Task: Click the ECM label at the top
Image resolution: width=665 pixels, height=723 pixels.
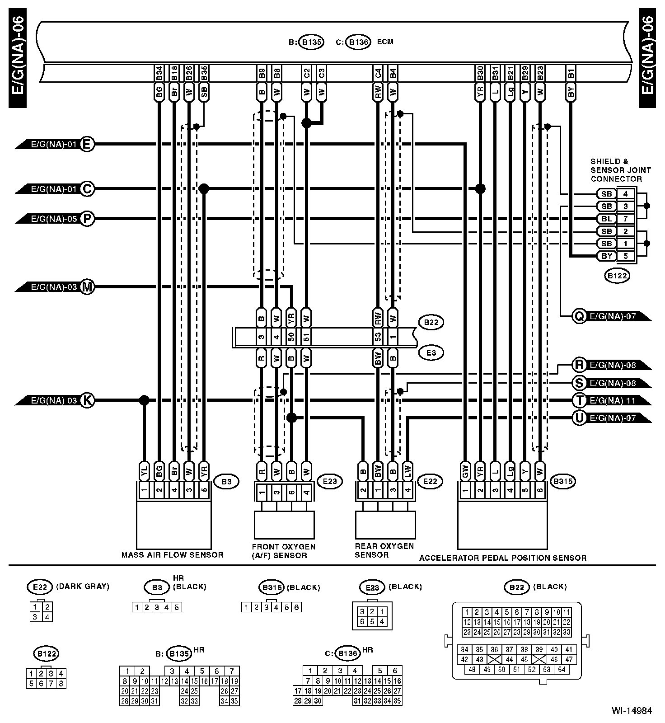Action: [385, 42]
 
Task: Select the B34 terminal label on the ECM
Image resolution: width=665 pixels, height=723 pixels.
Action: [159, 74]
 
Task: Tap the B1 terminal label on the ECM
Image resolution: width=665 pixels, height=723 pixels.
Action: [571, 74]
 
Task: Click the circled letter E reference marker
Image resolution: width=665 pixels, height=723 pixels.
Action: [87, 145]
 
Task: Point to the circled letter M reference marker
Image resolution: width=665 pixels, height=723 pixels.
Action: [87, 287]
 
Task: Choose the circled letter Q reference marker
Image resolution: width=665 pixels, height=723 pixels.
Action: [579, 316]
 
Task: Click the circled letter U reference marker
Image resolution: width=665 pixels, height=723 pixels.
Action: [579, 418]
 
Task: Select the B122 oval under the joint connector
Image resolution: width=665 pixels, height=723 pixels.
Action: [617, 276]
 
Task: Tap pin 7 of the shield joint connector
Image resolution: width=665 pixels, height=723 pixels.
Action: [626, 219]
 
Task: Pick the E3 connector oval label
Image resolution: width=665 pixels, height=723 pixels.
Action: [431, 352]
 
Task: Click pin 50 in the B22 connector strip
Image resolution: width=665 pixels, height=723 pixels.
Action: [291, 337]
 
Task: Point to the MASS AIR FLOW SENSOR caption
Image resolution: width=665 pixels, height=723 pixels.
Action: [172, 555]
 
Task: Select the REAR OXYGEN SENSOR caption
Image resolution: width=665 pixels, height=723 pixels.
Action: [384, 550]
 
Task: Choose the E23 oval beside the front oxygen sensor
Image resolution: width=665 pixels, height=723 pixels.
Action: [330, 481]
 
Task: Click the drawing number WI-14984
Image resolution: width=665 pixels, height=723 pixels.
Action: [632, 710]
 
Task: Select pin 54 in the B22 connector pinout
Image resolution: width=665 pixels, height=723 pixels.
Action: [561, 669]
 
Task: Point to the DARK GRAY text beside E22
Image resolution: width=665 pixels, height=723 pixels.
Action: [82, 587]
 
